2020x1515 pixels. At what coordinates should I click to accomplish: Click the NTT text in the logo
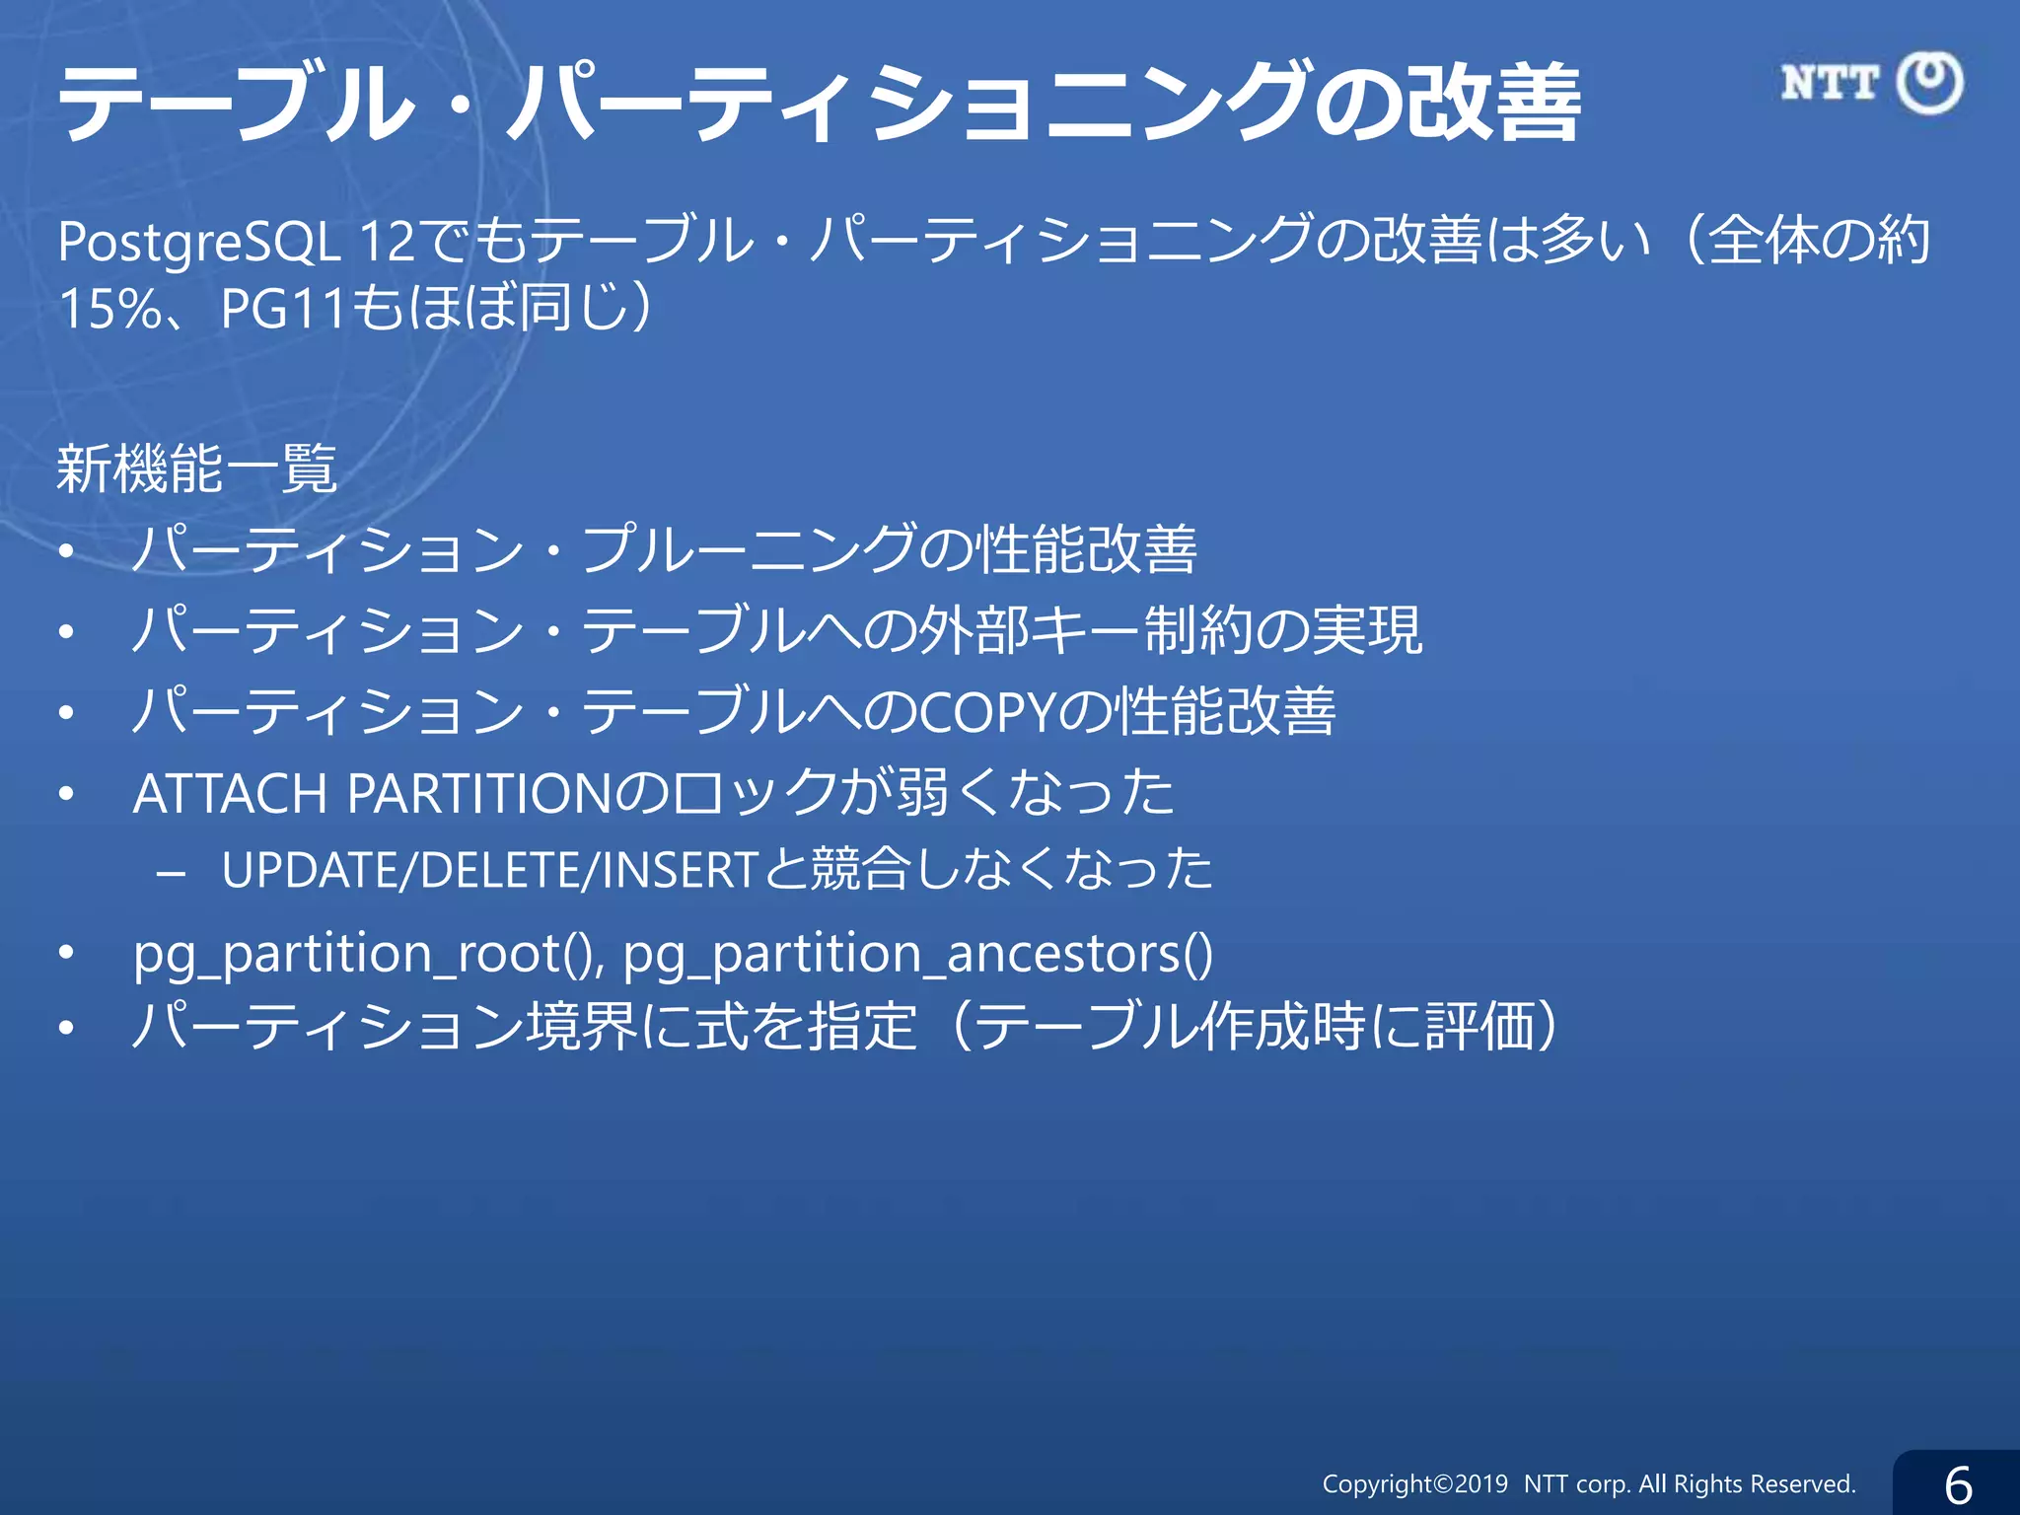1830,83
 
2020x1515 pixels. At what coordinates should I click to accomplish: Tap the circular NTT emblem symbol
1930,83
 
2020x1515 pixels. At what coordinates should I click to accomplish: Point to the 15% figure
110,309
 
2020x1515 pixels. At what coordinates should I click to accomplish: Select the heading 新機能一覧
197,469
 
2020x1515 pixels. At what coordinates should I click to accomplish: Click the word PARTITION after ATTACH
479,793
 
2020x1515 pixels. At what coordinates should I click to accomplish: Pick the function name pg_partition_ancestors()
917,953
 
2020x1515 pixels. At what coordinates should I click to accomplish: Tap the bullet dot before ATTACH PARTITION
66,793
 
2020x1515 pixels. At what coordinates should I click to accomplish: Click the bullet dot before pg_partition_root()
66,953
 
